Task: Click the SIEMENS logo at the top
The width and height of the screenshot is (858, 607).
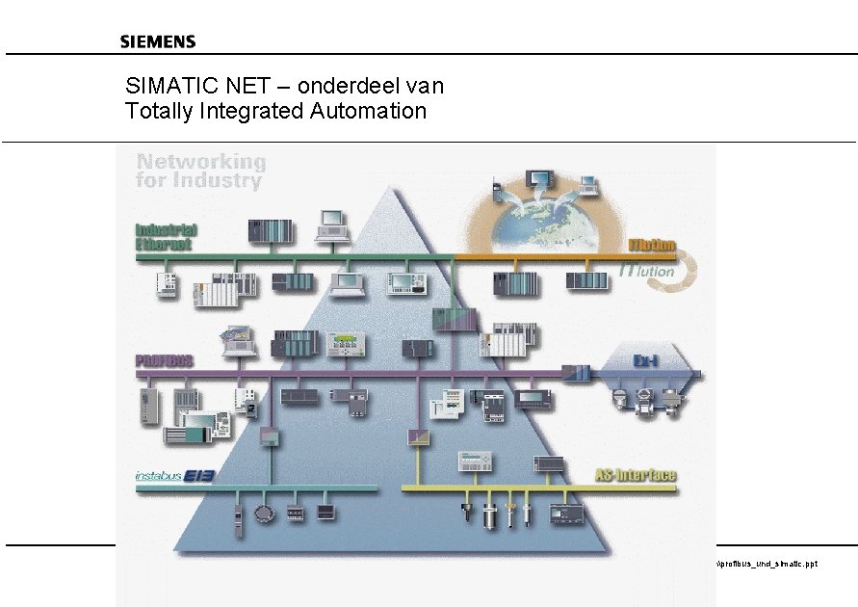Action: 158,41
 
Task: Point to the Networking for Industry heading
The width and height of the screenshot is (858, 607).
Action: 200,171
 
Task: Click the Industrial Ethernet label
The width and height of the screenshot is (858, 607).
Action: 166,236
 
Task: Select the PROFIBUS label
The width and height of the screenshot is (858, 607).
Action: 164,360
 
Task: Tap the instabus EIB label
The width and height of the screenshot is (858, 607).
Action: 174,476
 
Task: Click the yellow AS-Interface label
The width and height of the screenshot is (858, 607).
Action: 635,475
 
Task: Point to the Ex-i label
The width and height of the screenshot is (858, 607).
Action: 644,360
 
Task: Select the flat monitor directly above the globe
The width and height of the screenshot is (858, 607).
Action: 539,180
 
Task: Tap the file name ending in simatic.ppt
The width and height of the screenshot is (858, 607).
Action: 767,564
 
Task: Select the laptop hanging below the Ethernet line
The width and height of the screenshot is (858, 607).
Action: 346,282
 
